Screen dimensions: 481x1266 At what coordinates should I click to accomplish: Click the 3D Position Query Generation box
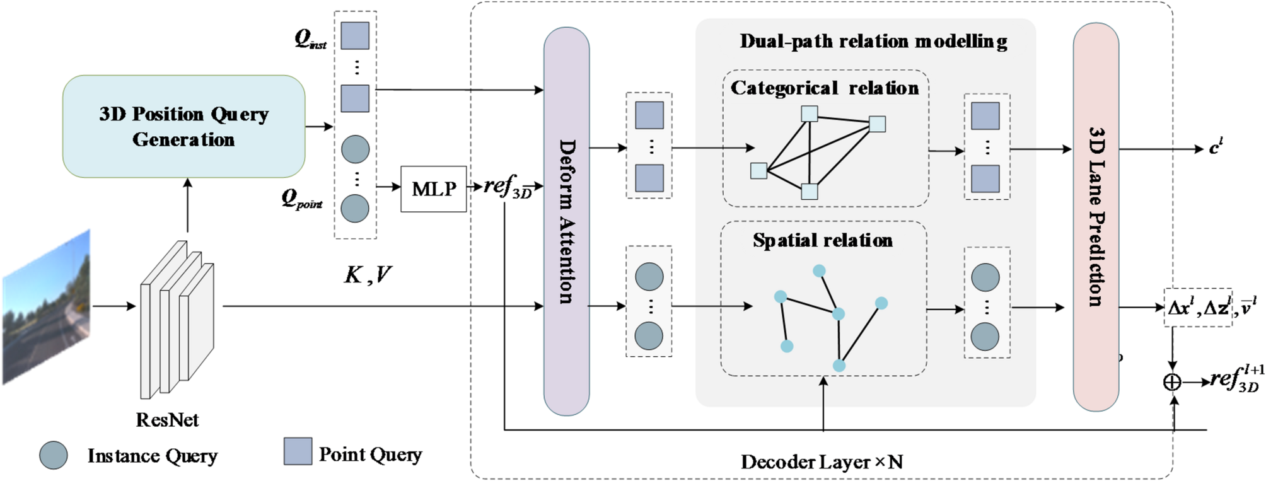coord(183,126)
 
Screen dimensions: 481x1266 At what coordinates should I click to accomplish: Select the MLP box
coord(433,188)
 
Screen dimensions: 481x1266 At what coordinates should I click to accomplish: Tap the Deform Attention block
coord(566,221)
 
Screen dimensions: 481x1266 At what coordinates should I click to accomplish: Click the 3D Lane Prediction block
coord(1096,217)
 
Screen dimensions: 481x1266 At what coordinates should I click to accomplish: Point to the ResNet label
coord(167,420)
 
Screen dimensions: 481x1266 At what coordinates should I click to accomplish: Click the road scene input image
coord(47,306)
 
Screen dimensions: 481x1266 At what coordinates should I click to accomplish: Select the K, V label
coord(368,274)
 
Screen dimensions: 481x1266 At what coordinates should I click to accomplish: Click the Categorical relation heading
coord(824,88)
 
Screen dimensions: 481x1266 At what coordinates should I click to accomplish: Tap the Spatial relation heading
coord(822,240)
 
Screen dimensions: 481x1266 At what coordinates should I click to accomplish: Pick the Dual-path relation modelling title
coord(873,42)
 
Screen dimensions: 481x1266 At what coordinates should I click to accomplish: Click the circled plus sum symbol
coord(1171,382)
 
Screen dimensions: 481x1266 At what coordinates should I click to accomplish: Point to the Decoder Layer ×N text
coord(822,462)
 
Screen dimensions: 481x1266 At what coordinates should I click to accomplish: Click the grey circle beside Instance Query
coord(54,455)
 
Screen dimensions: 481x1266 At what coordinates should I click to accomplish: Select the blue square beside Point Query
coord(298,451)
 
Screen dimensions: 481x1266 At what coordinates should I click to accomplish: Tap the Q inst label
coord(310,40)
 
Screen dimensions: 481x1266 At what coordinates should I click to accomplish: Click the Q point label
coord(301,200)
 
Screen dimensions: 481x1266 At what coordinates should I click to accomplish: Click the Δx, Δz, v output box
coord(1198,308)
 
